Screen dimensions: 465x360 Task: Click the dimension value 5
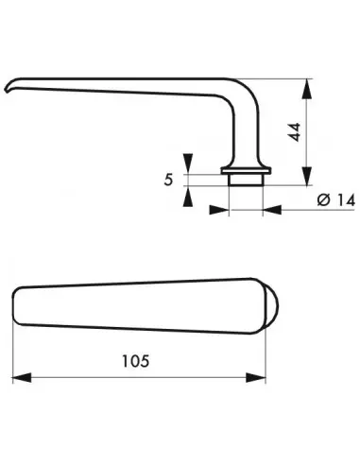(x=170, y=177)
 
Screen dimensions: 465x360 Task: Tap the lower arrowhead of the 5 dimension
(x=190, y=196)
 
